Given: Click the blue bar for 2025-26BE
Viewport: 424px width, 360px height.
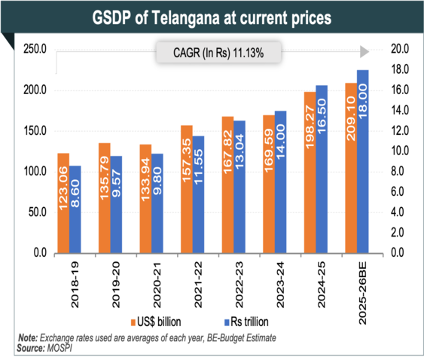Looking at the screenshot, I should (x=362, y=161).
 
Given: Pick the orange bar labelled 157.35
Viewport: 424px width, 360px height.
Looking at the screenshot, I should (x=187, y=189).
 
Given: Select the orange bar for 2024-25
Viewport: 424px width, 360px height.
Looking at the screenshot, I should (x=310, y=172).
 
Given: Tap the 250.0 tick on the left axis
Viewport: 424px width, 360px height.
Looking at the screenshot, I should (x=35, y=50).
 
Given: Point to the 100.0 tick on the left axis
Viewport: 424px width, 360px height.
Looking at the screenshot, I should (x=35, y=172).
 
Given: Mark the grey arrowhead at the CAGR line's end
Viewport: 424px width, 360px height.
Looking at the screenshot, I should (x=364, y=51).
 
